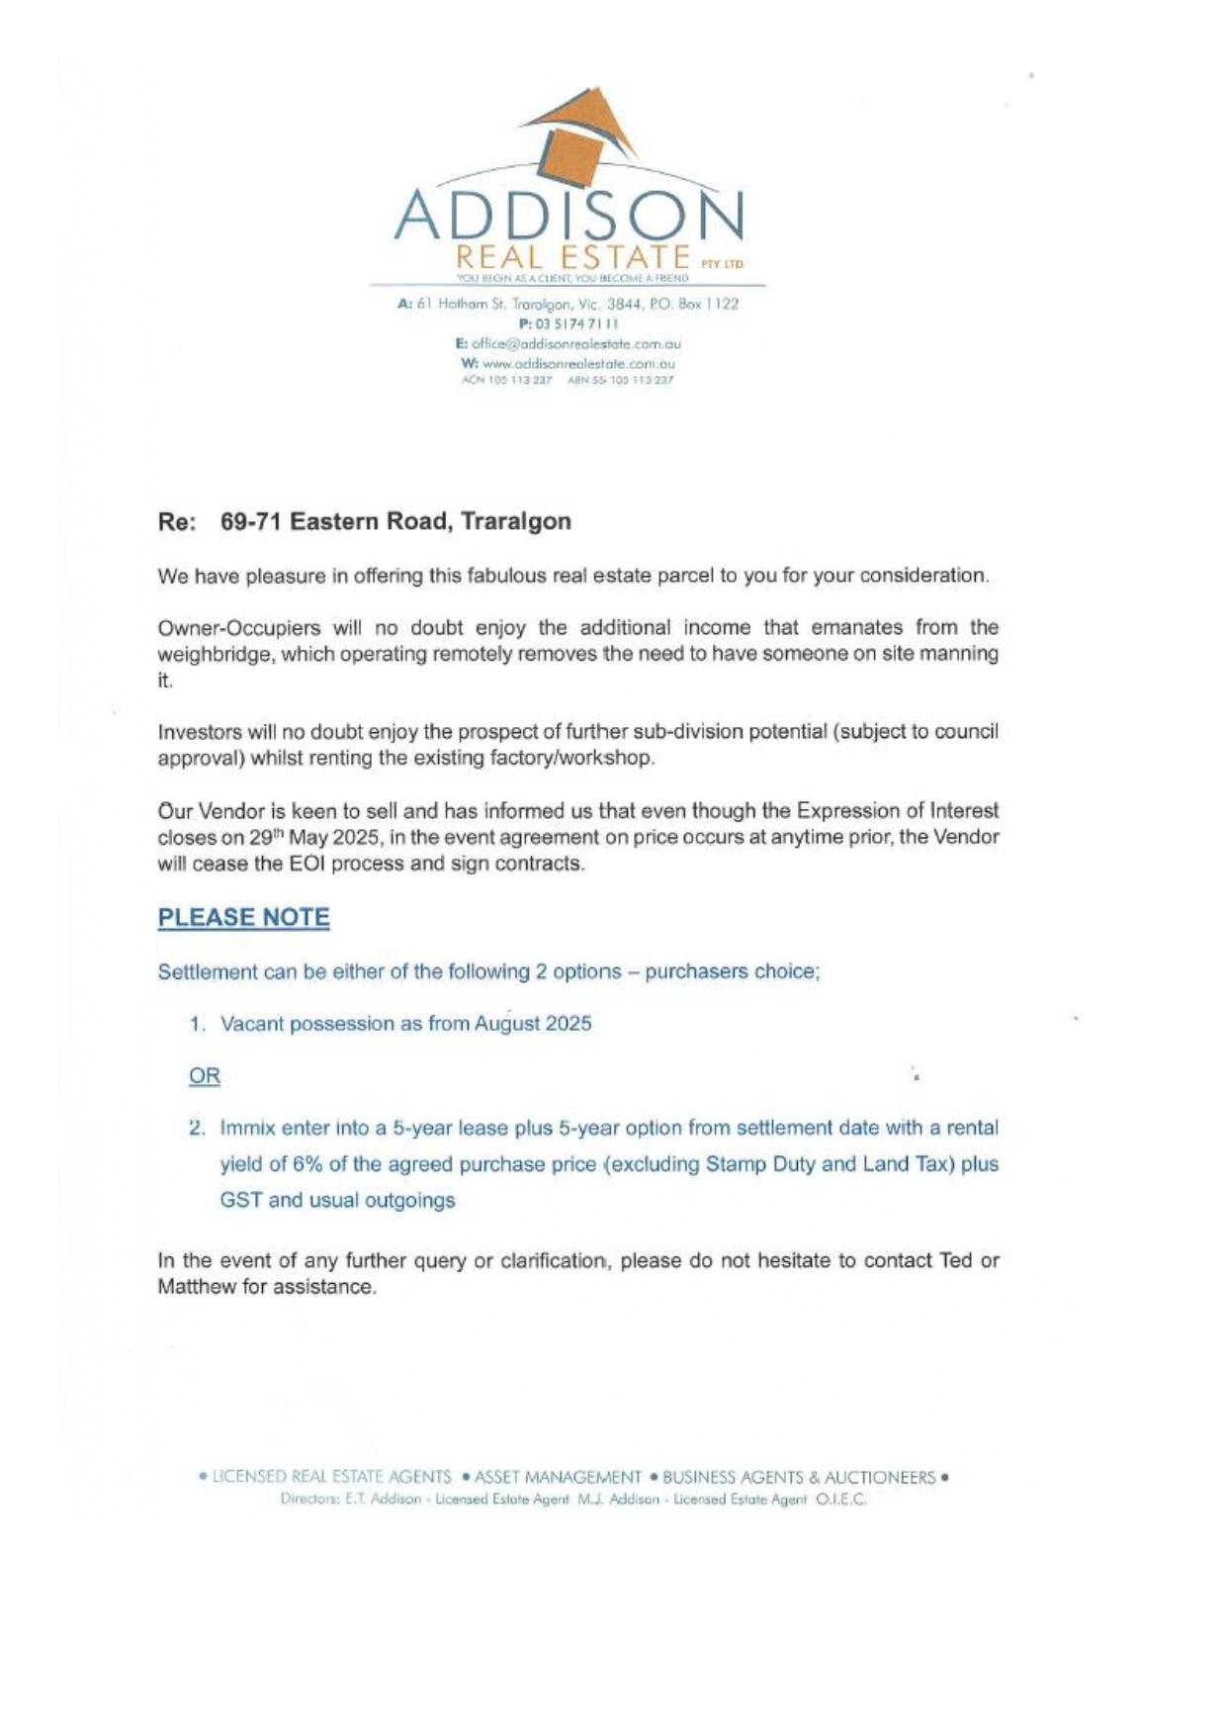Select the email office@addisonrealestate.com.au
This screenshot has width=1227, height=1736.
575,344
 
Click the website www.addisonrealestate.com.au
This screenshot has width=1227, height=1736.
577,363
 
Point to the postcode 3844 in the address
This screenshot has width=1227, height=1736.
626,304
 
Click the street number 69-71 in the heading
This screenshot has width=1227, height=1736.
251,521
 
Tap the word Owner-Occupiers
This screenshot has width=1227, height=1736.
239,628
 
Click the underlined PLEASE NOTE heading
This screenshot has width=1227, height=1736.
244,917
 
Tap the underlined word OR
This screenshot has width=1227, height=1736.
205,1075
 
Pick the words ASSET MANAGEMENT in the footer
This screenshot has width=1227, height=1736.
558,1477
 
